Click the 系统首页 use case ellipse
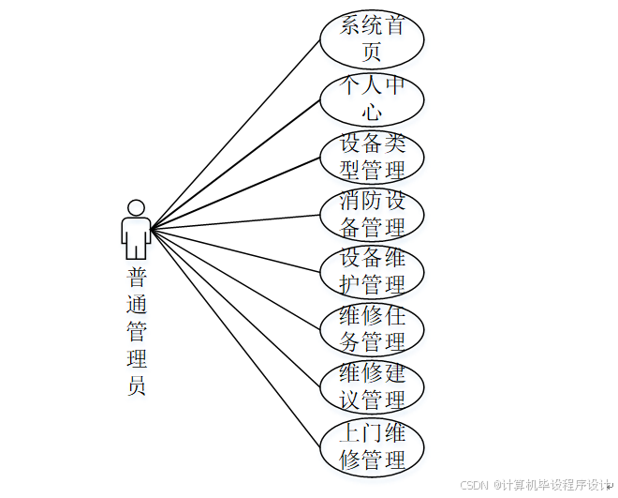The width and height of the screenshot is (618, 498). click(x=372, y=38)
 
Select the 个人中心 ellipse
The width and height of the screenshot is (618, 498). click(x=372, y=98)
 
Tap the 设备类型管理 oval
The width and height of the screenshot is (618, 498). click(x=372, y=157)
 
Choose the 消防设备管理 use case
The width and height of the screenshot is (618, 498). click(x=372, y=214)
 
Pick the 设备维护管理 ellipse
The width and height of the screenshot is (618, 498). click(x=372, y=271)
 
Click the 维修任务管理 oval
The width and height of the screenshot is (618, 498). click(x=372, y=329)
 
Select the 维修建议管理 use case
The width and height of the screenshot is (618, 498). click(x=372, y=386)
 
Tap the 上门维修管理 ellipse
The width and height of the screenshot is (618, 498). click(x=372, y=446)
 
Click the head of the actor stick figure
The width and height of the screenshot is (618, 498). click(x=137, y=208)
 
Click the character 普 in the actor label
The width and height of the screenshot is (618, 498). click(x=137, y=277)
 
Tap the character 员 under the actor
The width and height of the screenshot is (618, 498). click(x=137, y=385)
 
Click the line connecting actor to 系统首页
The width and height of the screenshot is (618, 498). click(x=234, y=134)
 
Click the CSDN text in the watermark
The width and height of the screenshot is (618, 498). click(x=476, y=485)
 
